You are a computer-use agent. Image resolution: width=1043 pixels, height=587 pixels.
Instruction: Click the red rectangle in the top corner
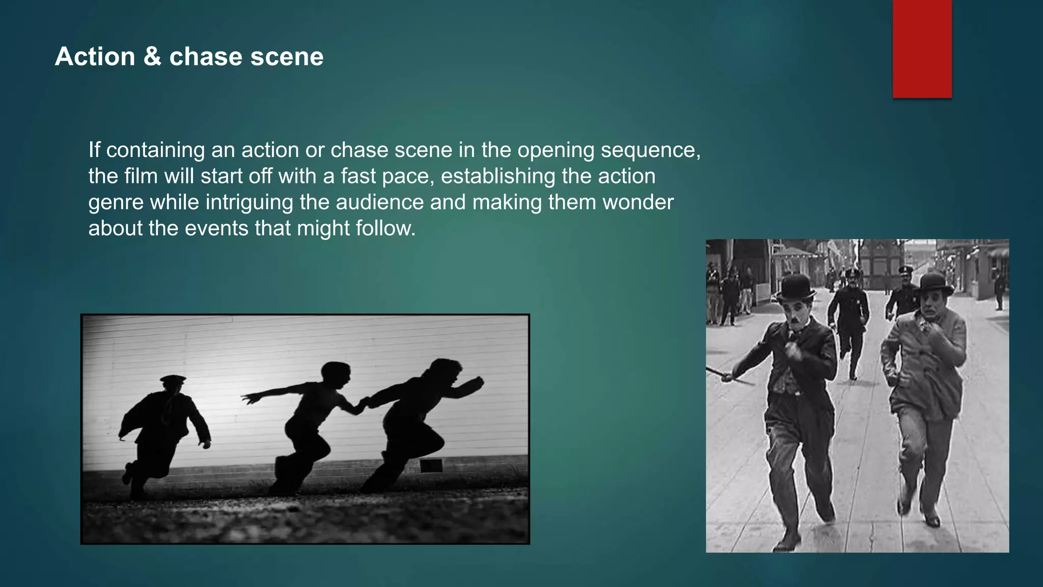click(x=922, y=49)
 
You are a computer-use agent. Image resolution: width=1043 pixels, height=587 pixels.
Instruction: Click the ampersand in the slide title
click(x=152, y=57)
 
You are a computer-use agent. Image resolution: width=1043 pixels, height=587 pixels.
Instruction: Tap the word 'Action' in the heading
click(x=95, y=57)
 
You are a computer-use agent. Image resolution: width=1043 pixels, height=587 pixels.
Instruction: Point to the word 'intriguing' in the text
click(x=249, y=203)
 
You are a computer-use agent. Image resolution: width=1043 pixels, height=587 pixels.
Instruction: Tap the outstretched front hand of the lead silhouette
click(x=477, y=382)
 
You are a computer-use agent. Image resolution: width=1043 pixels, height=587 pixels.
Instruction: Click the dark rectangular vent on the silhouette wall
click(x=431, y=466)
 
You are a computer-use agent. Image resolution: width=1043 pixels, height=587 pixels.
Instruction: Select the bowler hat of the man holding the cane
click(x=794, y=288)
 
